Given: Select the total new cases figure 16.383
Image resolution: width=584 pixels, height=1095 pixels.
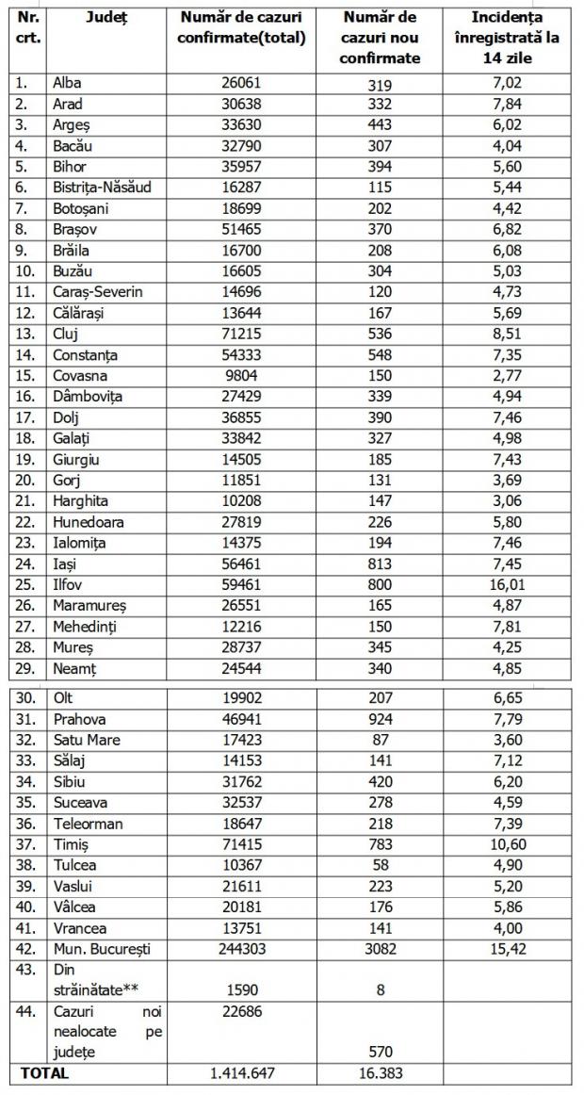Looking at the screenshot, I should click(381, 1072).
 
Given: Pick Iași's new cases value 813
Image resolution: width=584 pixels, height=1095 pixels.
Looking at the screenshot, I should click(381, 563).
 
